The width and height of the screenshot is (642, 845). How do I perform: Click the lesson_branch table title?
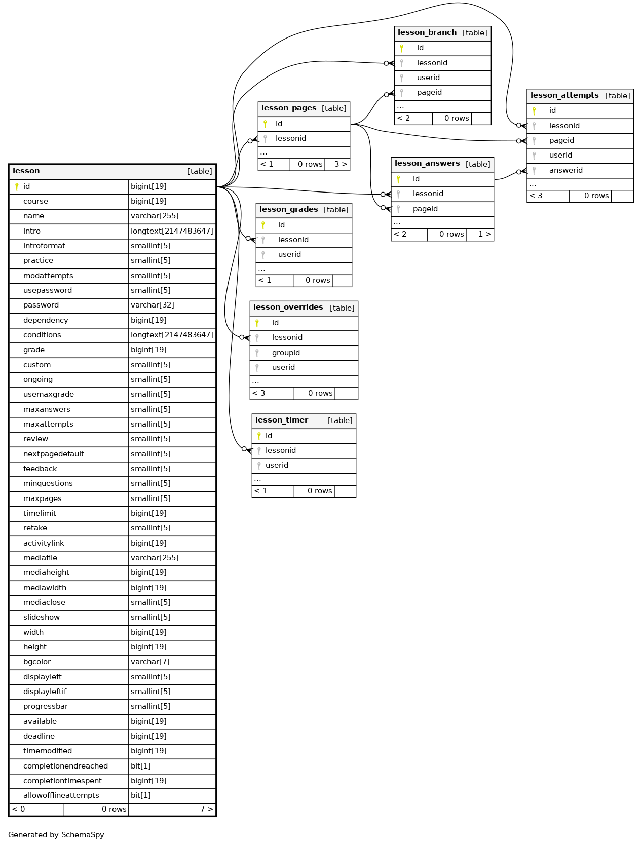tap(427, 33)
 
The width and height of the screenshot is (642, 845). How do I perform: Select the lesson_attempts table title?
tap(564, 95)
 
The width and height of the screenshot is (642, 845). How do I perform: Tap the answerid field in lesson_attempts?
tap(565, 170)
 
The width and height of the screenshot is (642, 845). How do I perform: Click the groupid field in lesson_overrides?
tap(286, 353)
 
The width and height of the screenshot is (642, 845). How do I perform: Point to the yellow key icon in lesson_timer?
tap(258, 436)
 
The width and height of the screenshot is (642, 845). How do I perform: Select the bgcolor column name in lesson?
tap(37, 662)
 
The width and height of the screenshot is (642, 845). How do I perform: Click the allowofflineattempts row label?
tap(61, 795)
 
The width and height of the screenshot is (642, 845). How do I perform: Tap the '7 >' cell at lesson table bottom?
tap(207, 809)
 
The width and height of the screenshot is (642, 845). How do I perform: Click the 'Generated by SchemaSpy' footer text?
tap(56, 834)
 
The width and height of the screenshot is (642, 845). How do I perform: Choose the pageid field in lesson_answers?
tap(425, 209)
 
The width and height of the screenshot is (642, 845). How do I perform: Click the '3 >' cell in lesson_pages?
tap(341, 164)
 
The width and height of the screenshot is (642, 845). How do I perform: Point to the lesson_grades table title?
tap(288, 209)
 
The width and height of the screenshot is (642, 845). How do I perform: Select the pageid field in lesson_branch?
tap(429, 92)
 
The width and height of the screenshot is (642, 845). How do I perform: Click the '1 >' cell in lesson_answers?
tap(484, 234)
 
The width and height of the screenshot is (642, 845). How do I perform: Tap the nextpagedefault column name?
tap(54, 454)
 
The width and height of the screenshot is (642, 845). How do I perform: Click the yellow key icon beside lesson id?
tap(17, 187)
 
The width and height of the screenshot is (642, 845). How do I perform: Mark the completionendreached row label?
tap(65, 766)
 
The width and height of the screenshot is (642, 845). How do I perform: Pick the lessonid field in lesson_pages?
tap(290, 139)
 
